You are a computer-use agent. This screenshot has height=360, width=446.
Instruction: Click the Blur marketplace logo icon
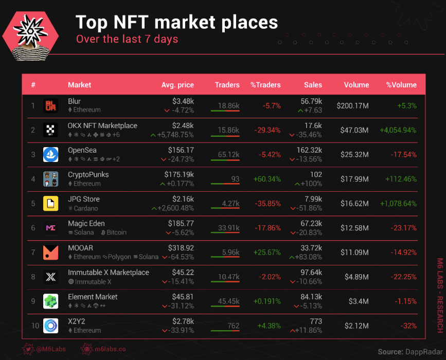coord(50,105)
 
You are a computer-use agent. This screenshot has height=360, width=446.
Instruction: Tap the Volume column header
coord(356,85)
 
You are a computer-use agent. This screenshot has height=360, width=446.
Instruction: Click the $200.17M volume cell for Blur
coord(352,106)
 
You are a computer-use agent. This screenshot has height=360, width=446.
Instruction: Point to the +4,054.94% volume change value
coord(398,130)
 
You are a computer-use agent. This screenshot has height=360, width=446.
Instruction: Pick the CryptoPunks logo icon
coord(50,179)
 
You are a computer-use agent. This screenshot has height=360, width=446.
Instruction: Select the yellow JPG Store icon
coord(50,203)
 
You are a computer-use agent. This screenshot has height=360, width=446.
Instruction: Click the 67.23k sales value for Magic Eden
coord(311,224)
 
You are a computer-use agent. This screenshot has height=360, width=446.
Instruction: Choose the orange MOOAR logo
coord(50,252)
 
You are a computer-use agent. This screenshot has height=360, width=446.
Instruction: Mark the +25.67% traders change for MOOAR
coord(267,253)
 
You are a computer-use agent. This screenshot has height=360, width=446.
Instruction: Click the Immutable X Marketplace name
coord(109,273)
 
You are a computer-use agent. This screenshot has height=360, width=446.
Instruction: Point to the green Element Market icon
coord(50,301)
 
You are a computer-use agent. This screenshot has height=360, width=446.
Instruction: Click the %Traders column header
coord(265,85)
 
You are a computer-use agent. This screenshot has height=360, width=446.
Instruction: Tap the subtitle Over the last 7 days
coord(127,39)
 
